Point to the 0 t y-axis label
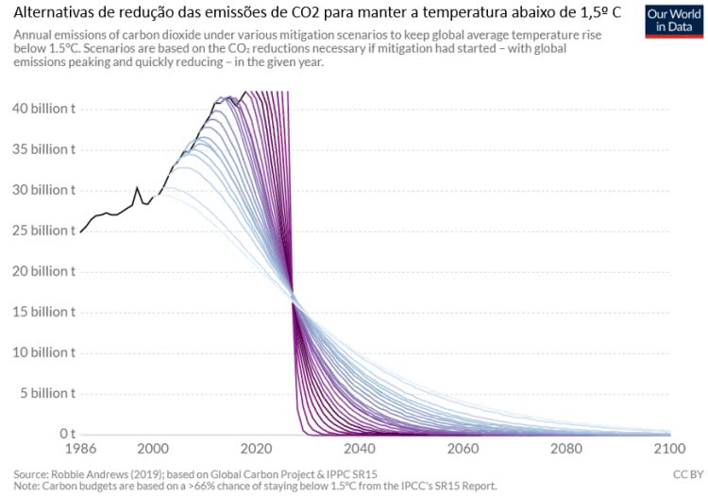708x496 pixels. [x=62, y=434]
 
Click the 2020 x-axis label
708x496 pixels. [x=256, y=450]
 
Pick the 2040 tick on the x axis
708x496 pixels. [x=360, y=450]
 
